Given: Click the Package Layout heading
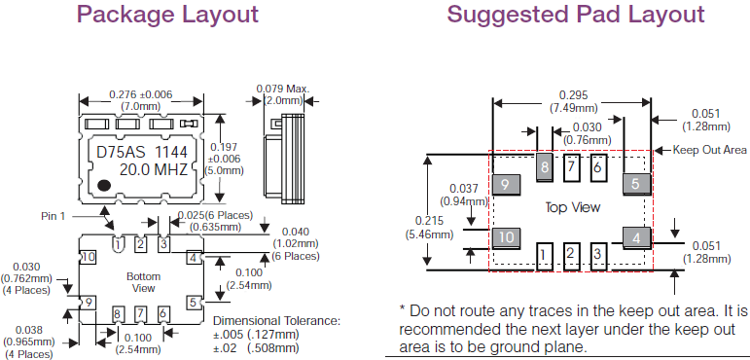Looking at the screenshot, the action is pos(167,15).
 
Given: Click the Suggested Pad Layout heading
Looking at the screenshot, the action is pos(576,15).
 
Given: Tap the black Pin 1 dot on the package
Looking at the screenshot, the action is pos(104,185).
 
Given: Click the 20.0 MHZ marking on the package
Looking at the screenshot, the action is pos(153,170).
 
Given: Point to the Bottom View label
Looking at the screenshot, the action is pos(144,282).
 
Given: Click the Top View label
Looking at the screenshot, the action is pos(573,207).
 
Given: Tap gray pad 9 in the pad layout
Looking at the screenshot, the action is pos(506,184).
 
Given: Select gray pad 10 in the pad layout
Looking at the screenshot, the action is pos(506,238).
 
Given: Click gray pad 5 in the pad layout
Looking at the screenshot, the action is pos(636,184).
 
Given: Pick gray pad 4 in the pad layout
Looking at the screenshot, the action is pos(636,238).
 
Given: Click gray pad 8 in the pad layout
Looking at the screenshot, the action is pos(545,167).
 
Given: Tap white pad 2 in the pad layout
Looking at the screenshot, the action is pos(570,256).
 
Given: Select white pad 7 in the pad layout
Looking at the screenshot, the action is pos(571,167).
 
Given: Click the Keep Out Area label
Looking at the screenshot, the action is pos(709,150).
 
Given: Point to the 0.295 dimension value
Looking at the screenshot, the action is pos(574,95).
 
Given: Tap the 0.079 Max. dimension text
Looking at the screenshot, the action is pos(283,90).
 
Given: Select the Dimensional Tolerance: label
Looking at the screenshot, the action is pos(276,321).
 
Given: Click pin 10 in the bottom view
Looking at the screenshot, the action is pos(89,258).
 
